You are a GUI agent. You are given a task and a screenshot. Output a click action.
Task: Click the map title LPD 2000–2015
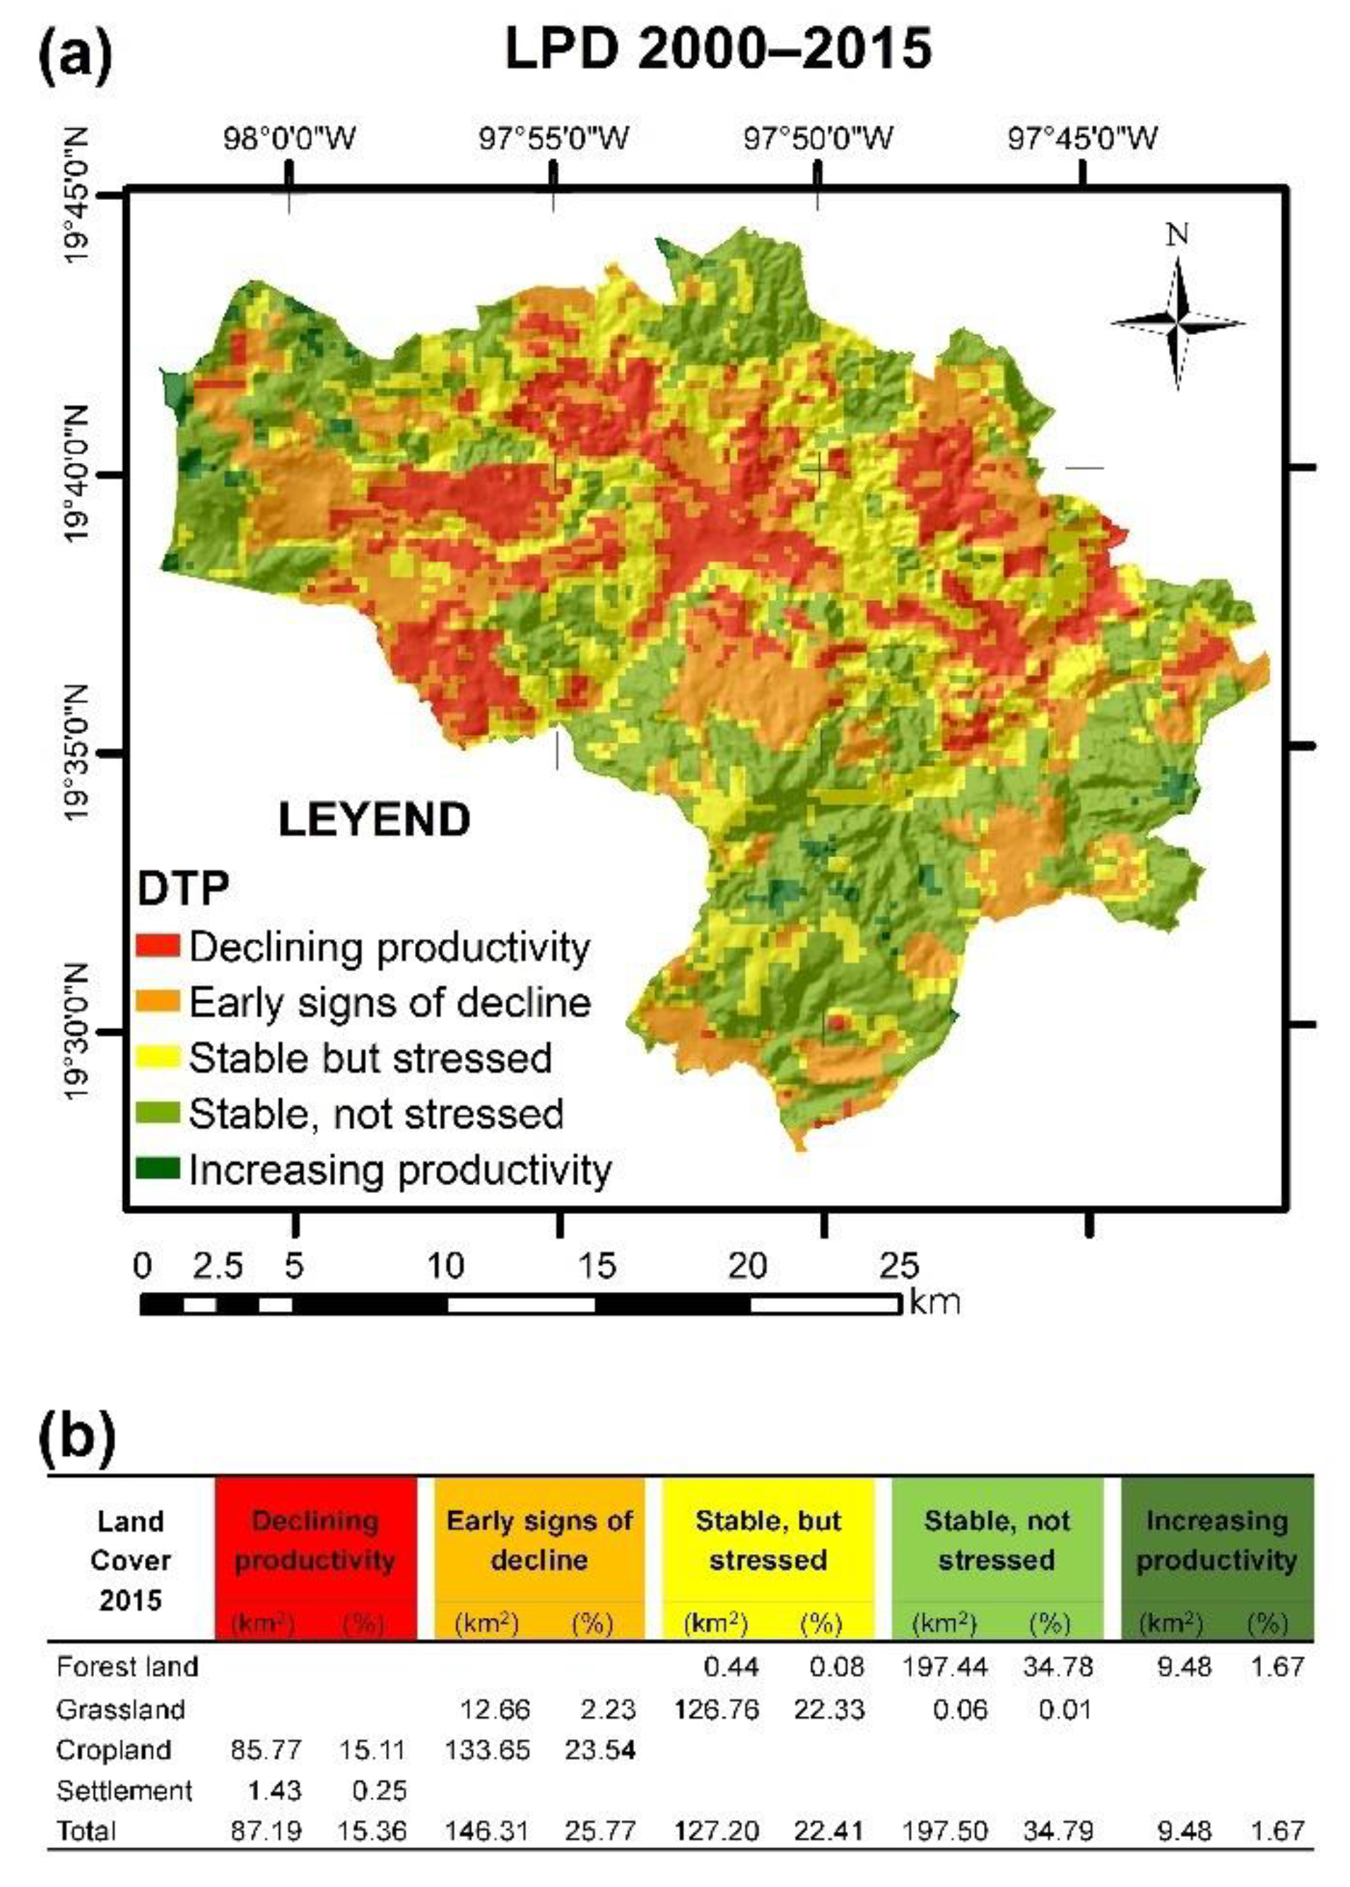[718, 48]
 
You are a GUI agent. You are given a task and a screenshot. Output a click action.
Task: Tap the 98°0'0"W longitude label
[288, 137]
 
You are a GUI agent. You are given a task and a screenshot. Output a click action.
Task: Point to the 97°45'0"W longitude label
[1082, 137]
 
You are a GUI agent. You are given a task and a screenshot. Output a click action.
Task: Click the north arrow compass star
[1177, 324]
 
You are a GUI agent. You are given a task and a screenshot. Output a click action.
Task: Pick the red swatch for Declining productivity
[158, 945]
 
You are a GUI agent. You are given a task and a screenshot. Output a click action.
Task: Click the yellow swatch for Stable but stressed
[158, 1057]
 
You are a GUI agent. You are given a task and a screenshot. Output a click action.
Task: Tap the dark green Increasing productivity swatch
[158, 1168]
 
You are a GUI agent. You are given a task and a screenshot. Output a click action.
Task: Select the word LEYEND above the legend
[374, 821]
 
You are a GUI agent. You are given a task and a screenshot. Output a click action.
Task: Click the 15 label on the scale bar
[596, 1265]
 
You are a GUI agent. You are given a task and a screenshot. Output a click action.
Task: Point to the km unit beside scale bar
[935, 1301]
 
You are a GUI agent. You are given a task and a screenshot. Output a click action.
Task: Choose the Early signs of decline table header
[539, 1541]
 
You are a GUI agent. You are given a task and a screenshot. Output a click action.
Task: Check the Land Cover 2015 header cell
[131, 1560]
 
